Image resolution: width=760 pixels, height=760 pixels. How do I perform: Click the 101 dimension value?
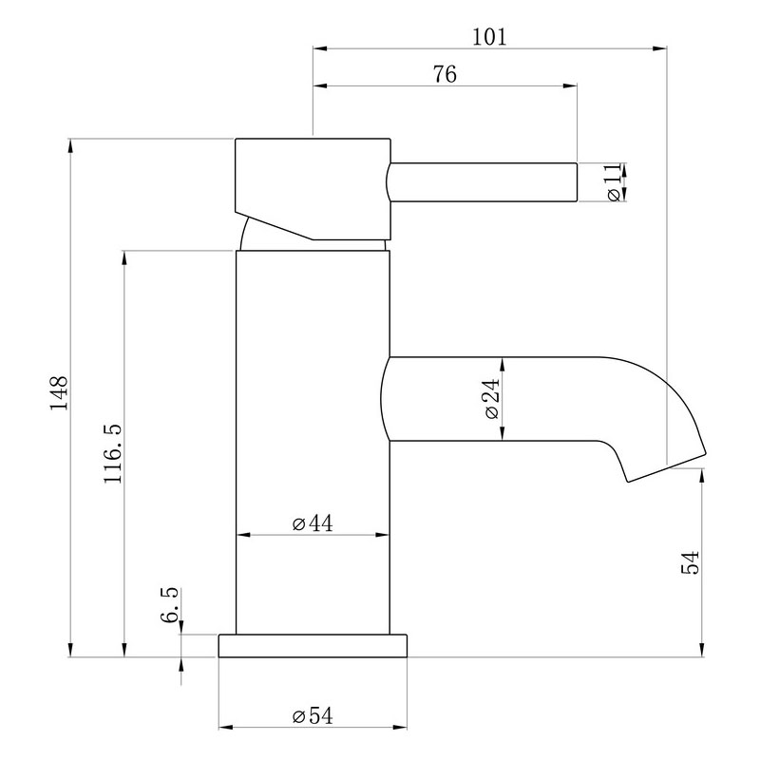click(x=489, y=37)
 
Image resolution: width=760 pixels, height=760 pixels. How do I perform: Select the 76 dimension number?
click(x=445, y=75)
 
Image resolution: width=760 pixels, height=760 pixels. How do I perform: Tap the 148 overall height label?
click(x=59, y=392)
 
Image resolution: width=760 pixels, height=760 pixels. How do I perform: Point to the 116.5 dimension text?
click(x=112, y=453)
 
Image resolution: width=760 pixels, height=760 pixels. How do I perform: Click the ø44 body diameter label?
click(x=313, y=523)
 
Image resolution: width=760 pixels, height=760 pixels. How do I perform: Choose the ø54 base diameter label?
click(x=313, y=715)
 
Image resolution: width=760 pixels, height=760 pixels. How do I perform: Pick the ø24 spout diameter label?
click(x=491, y=398)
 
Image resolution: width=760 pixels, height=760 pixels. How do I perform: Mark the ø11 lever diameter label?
click(x=614, y=182)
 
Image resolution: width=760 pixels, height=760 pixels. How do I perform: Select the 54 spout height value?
click(x=691, y=561)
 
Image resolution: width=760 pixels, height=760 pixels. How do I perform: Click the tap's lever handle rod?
click(x=483, y=182)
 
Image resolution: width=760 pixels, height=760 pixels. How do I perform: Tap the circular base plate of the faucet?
click(x=313, y=646)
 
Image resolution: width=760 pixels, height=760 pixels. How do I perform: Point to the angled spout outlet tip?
click(x=667, y=467)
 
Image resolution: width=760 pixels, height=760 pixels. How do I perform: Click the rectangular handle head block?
click(x=313, y=189)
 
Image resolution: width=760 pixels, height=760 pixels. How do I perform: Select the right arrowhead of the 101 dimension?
click(x=659, y=48)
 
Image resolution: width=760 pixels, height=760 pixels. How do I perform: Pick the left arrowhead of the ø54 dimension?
click(x=226, y=727)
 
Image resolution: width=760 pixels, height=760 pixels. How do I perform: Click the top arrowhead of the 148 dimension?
click(x=71, y=146)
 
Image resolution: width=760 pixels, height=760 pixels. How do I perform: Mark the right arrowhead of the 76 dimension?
click(x=570, y=85)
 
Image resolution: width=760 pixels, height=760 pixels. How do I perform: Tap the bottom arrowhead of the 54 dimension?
click(x=702, y=650)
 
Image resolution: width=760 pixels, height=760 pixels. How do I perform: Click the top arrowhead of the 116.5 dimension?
click(x=124, y=257)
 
